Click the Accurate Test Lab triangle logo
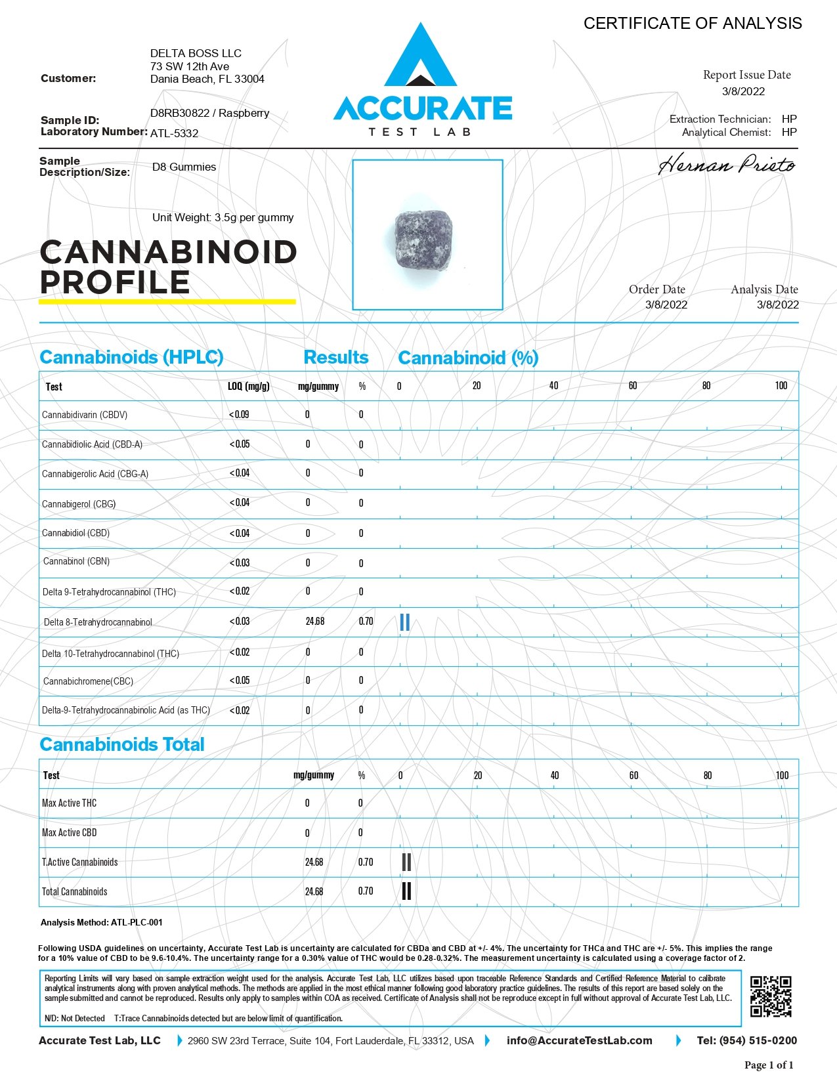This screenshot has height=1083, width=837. (420, 59)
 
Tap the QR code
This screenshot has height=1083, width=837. (771, 996)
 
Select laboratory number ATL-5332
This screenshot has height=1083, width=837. (174, 133)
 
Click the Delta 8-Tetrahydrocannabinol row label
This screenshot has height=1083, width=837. (98, 622)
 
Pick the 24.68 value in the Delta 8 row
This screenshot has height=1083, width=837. (315, 622)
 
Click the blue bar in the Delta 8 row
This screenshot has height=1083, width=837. (404, 622)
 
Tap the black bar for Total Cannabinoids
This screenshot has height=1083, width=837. (406, 891)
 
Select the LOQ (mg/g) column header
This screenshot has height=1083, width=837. (249, 386)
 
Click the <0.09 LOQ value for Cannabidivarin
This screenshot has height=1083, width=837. (239, 415)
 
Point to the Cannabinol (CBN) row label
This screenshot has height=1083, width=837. (76, 562)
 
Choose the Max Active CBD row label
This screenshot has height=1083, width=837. (69, 833)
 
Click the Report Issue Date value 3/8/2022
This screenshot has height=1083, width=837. (743, 92)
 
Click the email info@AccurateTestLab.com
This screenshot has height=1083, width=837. (579, 1040)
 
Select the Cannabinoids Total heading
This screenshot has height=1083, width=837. (122, 744)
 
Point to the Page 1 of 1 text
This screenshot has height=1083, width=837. (769, 1065)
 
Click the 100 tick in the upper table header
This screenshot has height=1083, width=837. (781, 386)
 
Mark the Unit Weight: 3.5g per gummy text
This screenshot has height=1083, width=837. (223, 218)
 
